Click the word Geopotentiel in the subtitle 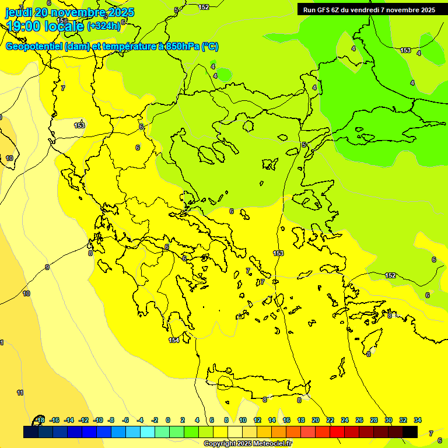34,47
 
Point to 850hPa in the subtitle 182,47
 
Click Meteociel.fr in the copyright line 269,444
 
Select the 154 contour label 174,340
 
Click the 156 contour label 62,21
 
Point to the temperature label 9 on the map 47,267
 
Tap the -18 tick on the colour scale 40,420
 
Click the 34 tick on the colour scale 418,420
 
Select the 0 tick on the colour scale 168,420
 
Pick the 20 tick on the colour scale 316,420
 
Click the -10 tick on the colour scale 97,420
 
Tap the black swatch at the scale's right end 410,432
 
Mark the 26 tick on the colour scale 359,420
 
